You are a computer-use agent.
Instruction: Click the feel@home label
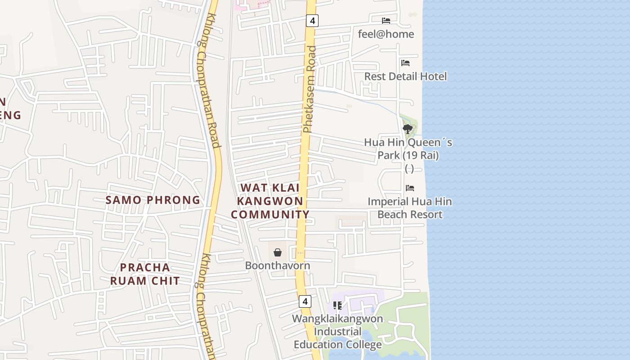click(386, 34)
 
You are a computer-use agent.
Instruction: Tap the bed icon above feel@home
click(386, 20)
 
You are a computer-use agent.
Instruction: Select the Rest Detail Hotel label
click(405, 76)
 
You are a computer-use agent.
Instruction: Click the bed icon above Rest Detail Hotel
click(405, 63)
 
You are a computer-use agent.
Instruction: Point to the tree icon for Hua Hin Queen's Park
click(408, 129)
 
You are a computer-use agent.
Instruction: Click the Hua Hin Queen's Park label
click(408, 149)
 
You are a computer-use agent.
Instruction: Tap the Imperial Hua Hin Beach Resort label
click(410, 208)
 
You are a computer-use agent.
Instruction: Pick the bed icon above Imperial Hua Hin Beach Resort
click(409, 188)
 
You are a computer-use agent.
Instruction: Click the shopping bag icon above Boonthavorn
click(278, 252)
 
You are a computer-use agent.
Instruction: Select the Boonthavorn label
click(278, 265)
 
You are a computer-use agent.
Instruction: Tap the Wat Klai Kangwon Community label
click(270, 201)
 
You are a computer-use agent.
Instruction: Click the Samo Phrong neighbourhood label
click(153, 200)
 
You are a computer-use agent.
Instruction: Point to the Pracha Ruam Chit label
click(145, 274)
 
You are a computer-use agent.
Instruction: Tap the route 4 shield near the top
click(312, 20)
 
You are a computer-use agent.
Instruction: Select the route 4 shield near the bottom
click(305, 301)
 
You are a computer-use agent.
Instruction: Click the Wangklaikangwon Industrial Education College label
click(337, 332)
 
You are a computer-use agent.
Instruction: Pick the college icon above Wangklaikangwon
click(337, 306)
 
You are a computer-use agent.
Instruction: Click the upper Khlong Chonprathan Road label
click(209, 81)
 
